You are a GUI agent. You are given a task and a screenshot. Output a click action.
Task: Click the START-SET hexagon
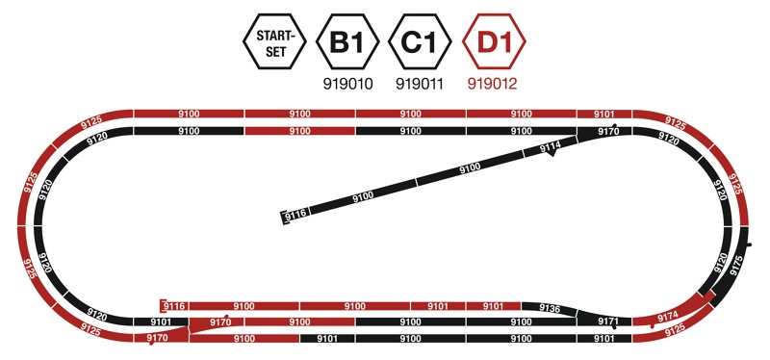click(274, 41)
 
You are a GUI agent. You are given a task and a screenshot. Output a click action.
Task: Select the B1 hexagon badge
click(347, 41)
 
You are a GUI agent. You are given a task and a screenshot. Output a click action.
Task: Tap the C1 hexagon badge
click(420, 41)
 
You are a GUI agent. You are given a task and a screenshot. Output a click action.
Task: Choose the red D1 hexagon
click(494, 41)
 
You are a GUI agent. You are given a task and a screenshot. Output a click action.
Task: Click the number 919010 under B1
click(347, 84)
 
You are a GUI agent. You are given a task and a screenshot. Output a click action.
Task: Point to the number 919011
click(420, 84)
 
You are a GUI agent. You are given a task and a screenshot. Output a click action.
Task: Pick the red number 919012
click(493, 84)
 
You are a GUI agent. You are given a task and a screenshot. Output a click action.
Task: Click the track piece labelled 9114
click(550, 147)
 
